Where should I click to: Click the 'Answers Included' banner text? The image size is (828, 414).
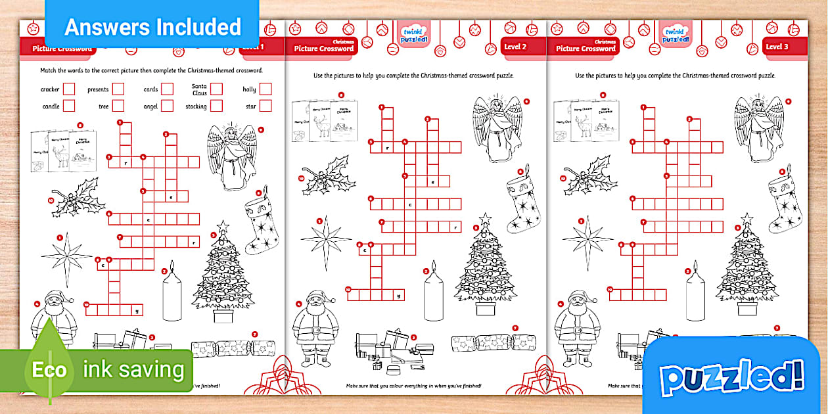click(152, 27)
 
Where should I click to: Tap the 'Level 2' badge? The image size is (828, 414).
click(515, 47)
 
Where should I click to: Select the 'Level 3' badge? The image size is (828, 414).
click(777, 47)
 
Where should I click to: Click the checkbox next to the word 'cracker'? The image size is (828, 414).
click(69, 89)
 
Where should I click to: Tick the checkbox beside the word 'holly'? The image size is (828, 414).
click(265, 89)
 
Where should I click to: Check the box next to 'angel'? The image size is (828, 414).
click(167, 106)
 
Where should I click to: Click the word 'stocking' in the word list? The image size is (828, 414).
click(196, 106)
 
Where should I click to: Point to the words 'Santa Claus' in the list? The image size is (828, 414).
click(199, 89)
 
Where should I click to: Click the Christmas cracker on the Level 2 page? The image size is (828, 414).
click(493, 342)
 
